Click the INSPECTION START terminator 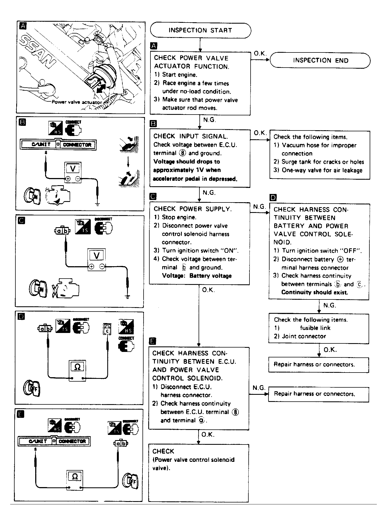point(200,30)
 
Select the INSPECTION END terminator point(320,60)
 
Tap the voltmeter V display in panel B point(73,168)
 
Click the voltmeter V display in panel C point(97,255)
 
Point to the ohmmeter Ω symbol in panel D point(78,367)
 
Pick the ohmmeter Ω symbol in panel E point(75,477)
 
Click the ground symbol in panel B point(97,204)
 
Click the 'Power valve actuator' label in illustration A point(77,102)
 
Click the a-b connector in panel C point(62,231)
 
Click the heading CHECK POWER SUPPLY point(193,209)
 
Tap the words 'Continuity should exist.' point(314,292)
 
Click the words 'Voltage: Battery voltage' point(197,276)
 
